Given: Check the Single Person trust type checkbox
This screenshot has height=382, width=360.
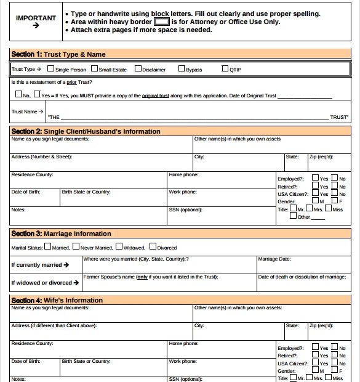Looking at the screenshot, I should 50,69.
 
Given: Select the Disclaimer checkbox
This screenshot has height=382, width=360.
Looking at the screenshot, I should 138,69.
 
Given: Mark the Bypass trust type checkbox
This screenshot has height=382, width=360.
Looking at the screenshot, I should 182,69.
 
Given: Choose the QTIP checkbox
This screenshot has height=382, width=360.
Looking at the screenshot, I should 225,69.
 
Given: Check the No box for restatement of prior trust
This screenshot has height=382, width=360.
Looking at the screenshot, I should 18,95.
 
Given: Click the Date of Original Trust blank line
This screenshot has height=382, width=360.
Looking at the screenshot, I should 305,96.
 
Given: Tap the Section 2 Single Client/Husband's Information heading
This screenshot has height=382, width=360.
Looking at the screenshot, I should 86,131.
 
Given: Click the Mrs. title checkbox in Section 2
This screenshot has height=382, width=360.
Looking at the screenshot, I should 310,209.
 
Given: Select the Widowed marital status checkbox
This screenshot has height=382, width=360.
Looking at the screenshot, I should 119,247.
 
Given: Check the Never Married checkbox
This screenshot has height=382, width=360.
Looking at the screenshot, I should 76,247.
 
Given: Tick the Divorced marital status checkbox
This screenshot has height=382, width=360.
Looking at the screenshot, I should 153,247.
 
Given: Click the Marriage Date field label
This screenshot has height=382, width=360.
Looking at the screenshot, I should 274,259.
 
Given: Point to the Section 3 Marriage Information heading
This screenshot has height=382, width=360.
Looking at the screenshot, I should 61,234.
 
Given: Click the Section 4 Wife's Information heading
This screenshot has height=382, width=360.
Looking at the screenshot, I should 57,300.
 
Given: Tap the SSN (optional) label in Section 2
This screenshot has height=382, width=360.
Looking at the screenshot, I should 185,209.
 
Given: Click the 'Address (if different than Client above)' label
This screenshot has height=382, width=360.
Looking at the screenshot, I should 54,325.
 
